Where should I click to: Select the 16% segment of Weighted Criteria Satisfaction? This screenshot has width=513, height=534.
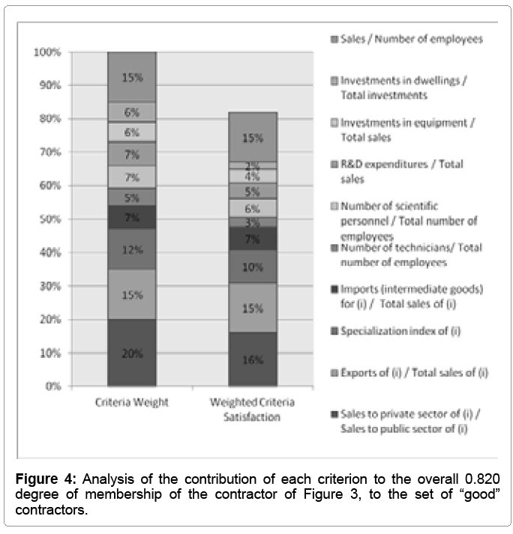pyautogui.click(x=253, y=359)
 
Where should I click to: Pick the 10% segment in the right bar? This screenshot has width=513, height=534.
pyautogui.click(x=253, y=267)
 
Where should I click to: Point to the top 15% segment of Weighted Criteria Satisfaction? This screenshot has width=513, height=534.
pyautogui.click(x=253, y=137)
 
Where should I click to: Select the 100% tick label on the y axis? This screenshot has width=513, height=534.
pyautogui.click(x=46, y=52)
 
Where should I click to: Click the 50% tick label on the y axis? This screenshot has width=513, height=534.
pyautogui.click(x=49, y=219)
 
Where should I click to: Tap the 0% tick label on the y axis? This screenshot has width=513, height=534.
pyautogui.click(x=52, y=386)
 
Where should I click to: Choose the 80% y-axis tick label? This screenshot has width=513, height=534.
pyautogui.click(x=49, y=119)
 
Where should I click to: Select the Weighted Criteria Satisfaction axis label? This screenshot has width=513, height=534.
pyautogui.click(x=253, y=409)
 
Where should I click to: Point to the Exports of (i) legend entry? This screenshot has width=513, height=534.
pyautogui.click(x=413, y=371)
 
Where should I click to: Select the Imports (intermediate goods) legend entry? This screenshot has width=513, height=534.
pyautogui.click(x=412, y=295)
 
